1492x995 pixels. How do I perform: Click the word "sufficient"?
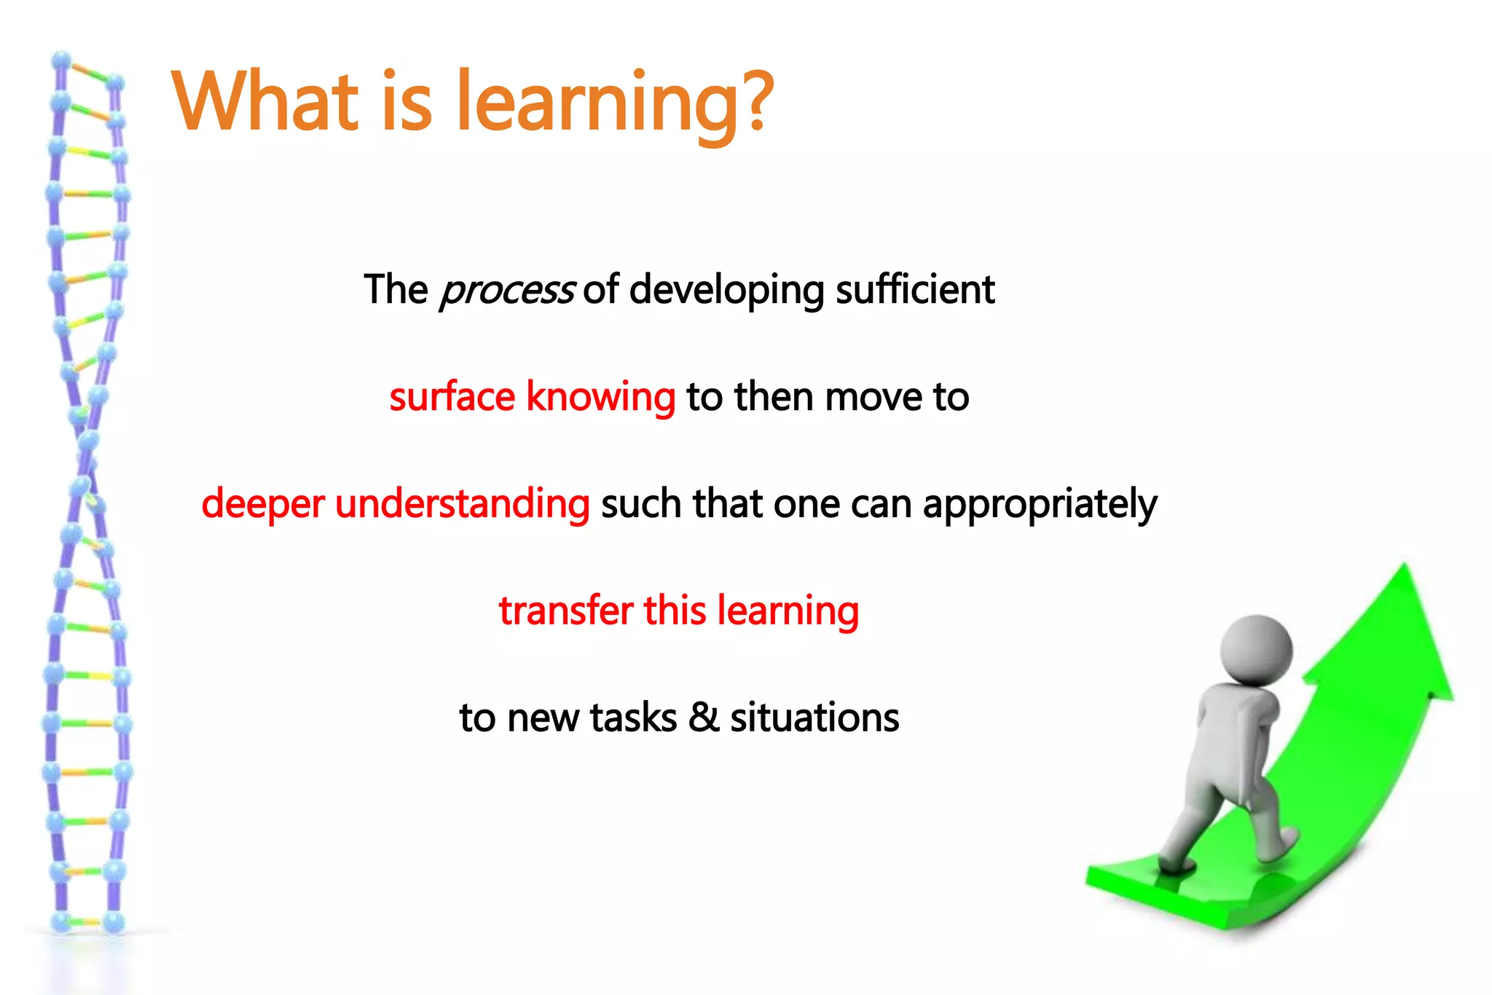point(915,290)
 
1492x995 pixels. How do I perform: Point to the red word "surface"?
point(452,398)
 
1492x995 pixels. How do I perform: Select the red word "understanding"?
point(462,505)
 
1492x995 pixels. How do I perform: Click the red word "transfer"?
point(565,611)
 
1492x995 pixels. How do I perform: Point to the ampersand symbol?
point(704,717)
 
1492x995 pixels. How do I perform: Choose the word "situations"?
point(814,718)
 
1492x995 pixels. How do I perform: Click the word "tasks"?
point(633,718)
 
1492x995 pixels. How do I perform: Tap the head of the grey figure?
point(1255,649)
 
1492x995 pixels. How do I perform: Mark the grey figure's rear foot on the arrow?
point(1175,865)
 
